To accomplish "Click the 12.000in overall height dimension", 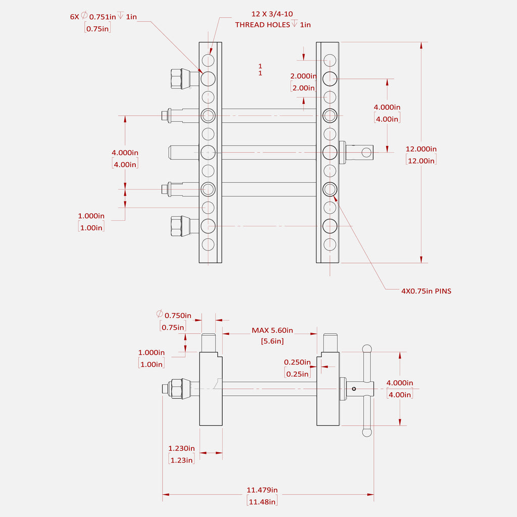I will tap(421, 149).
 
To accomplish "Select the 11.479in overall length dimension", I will tap(262, 490).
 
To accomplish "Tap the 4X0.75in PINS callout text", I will tap(426, 291).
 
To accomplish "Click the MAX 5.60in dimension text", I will tap(272, 330).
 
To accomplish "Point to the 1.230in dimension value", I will tap(181, 448).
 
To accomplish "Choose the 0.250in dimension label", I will tap(297, 362).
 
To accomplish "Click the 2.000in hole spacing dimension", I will tap(303, 76).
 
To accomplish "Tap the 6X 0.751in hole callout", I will tap(103, 17).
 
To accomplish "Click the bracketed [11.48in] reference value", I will tap(262, 501).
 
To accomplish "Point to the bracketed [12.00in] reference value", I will tap(421, 161).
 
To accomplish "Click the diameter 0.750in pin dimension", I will tap(175, 316).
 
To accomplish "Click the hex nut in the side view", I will tap(177, 388).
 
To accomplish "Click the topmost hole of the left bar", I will tap(208, 61).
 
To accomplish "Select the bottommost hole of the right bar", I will tap(330, 244).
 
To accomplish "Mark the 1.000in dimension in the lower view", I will tap(151, 352).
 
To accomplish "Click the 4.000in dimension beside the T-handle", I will tap(400, 383).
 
